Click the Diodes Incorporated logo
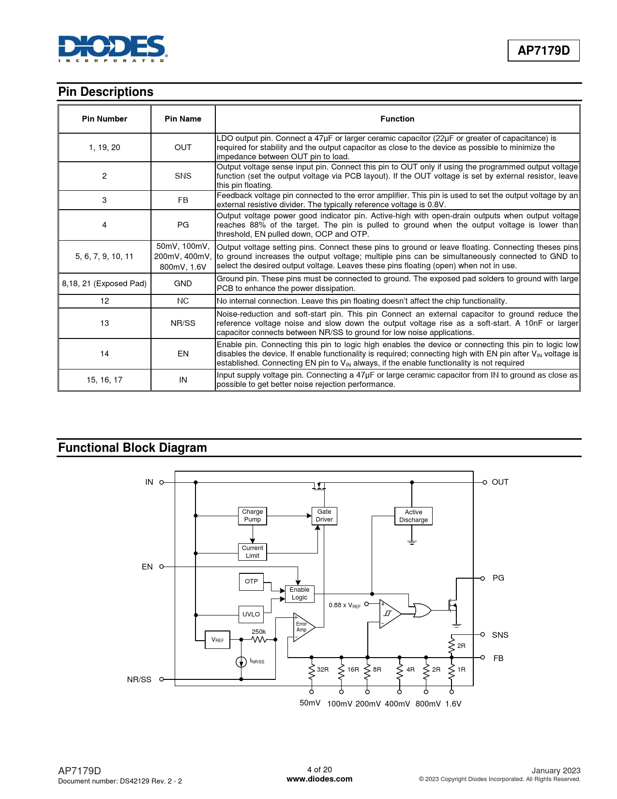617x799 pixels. click(x=112, y=48)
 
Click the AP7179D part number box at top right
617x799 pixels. click(x=543, y=50)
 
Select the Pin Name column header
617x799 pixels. click(x=183, y=119)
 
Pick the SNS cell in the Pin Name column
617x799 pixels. click(x=183, y=176)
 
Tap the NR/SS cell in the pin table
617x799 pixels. click(x=183, y=323)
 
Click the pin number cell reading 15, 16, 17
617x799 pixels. click(x=105, y=380)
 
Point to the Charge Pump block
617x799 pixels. click(x=253, y=516)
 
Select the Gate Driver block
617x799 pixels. click(x=324, y=516)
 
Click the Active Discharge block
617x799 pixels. click(x=413, y=516)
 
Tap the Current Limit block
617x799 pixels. click(x=253, y=552)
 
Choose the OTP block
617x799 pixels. click(x=251, y=582)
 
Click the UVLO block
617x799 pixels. click(x=251, y=615)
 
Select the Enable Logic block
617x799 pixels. click(x=300, y=594)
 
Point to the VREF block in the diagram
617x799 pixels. click(x=217, y=640)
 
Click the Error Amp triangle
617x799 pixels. click(x=303, y=627)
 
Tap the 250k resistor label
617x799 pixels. click(x=259, y=632)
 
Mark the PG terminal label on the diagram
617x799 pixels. click(x=498, y=578)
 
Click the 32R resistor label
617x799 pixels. click(x=323, y=670)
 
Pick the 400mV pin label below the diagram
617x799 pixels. click(x=397, y=704)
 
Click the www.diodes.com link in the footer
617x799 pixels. click(x=319, y=779)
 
